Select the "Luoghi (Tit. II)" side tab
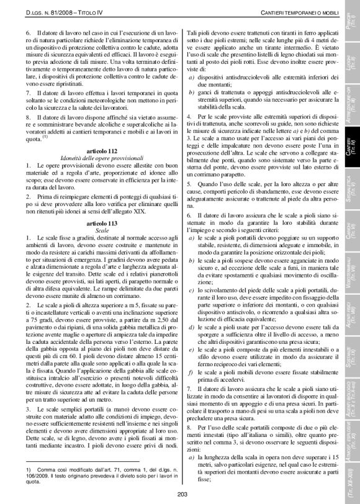click(x=352, y=61)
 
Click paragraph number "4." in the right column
click(x=189, y=116)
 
